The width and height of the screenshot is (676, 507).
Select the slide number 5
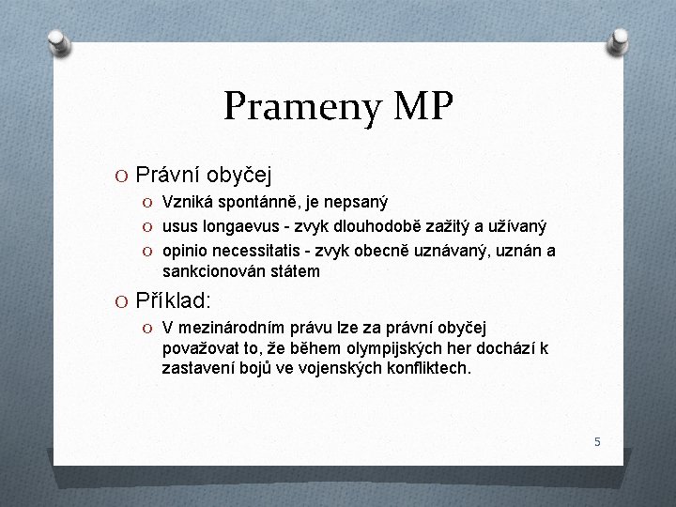click(596, 440)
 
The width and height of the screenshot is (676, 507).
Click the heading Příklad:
click(174, 301)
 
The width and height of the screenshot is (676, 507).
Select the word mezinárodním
click(230, 328)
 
